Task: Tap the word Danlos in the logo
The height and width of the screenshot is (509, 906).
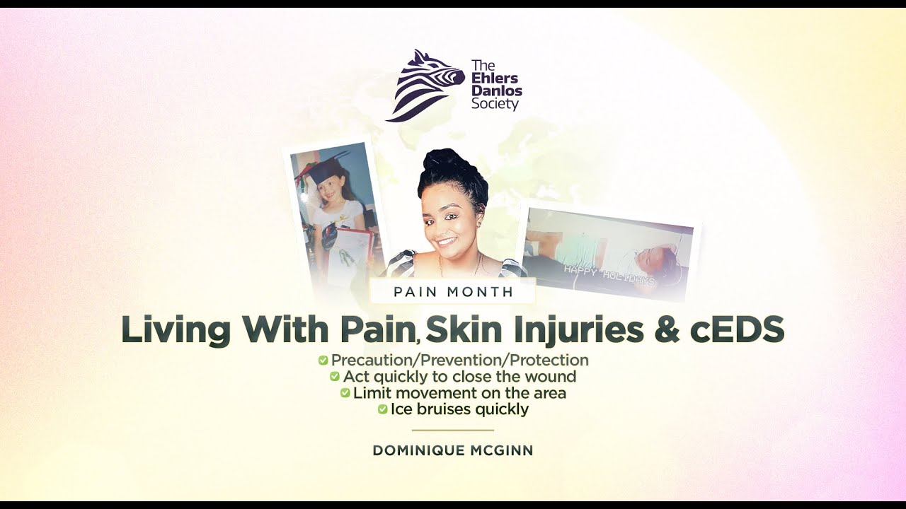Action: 497,92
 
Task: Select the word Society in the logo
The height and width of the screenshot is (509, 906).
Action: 495,105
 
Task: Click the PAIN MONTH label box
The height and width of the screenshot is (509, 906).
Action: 453,291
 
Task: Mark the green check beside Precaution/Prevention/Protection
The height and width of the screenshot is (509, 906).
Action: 323,361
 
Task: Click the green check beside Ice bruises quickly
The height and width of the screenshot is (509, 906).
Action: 383,409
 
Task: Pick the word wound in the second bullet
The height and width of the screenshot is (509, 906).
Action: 552,377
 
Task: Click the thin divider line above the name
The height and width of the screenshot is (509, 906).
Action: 453,430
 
